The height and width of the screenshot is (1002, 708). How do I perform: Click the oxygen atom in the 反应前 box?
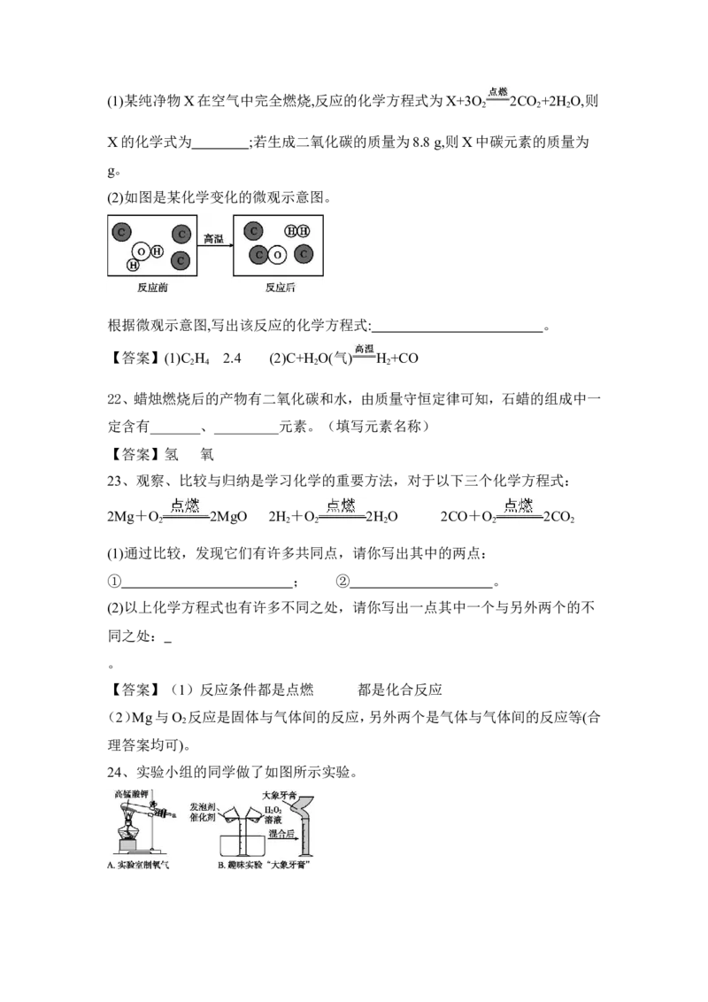point(142,251)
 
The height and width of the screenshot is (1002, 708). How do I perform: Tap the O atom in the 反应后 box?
point(277,255)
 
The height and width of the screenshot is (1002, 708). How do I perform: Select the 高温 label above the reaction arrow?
point(214,238)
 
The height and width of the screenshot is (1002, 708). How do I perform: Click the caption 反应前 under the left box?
point(153,289)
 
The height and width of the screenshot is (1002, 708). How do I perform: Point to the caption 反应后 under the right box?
point(281,289)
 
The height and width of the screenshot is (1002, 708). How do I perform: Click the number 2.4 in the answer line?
point(232,358)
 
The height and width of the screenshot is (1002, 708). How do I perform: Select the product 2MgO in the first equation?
point(228,516)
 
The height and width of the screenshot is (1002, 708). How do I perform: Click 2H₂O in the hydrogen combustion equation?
point(381,516)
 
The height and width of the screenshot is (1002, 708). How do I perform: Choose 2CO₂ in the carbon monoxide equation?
point(559,516)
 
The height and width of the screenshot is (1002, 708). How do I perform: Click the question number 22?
point(114,399)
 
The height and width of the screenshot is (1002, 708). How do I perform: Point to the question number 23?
point(114,481)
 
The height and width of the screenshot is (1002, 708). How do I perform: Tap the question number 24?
point(114,772)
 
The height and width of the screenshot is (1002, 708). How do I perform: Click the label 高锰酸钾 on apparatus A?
point(131,794)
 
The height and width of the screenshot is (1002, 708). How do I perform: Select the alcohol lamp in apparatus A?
point(127,829)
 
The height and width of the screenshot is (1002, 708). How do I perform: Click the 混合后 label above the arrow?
point(281,833)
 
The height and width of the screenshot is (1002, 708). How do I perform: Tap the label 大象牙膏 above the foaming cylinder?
point(280,796)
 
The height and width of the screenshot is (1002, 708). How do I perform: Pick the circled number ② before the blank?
point(342,582)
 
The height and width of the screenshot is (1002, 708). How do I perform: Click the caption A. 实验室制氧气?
point(138,866)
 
